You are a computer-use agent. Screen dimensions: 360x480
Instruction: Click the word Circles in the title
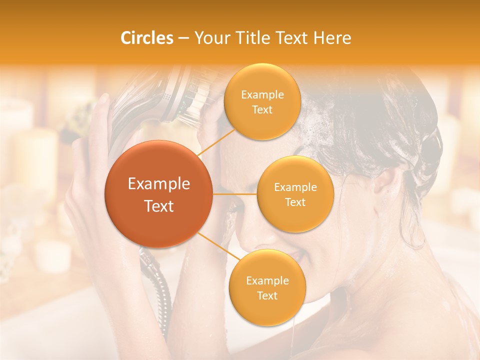point(147,38)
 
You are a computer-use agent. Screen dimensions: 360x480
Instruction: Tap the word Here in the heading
point(332,38)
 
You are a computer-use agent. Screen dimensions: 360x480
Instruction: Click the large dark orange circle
point(158,194)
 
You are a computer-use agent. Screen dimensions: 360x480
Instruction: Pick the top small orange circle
point(262,101)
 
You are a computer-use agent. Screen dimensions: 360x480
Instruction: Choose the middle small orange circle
point(295,194)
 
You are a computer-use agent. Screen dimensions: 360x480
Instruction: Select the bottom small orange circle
point(267,287)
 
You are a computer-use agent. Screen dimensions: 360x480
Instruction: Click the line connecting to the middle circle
point(234,194)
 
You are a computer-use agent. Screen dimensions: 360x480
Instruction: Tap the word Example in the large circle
point(158,184)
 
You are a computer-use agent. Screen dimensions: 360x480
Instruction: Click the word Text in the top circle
point(262,109)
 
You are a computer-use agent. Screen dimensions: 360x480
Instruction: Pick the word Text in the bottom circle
point(267,295)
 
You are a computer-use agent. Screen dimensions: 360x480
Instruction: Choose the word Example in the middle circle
point(295,187)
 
